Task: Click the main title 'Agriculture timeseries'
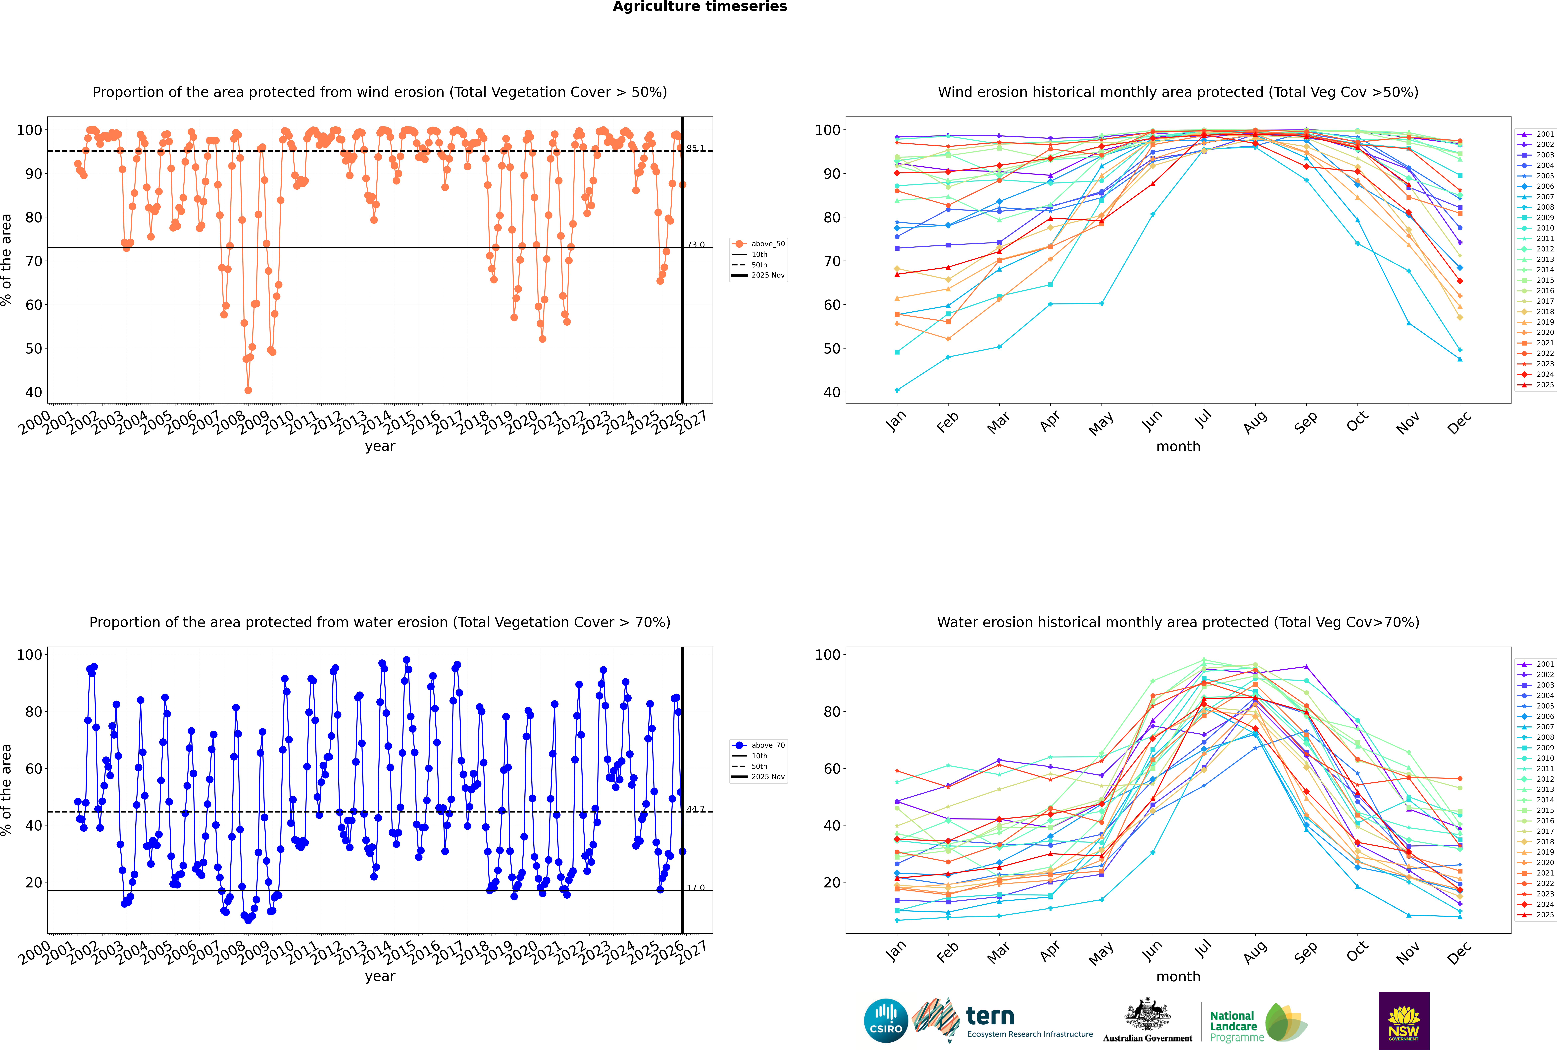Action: [x=700, y=7]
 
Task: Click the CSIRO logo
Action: [x=886, y=1021]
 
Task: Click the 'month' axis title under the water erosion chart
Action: [x=1178, y=976]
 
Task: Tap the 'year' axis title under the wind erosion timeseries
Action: [x=380, y=446]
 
